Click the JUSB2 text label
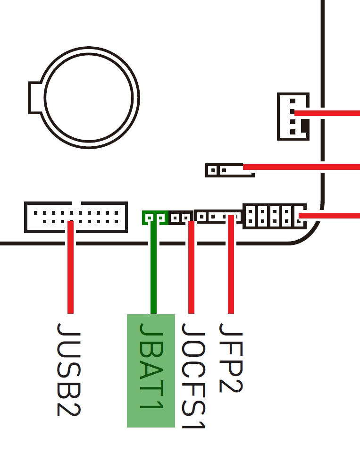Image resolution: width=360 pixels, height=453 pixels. [x=69, y=369]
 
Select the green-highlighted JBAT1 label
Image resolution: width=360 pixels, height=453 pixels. [x=151, y=371]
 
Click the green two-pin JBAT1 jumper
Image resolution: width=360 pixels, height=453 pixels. [x=155, y=218]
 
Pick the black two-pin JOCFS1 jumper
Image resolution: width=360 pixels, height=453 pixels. [x=181, y=218]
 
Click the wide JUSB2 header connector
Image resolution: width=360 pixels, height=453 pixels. [x=75, y=217]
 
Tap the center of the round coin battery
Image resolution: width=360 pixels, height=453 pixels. [x=89, y=98]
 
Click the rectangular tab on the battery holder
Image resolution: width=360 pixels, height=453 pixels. [x=35, y=98]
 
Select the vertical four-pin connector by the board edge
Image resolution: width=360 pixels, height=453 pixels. [x=293, y=117]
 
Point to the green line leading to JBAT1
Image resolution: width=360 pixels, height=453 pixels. [x=153, y=269]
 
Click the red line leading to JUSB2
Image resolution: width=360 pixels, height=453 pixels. [x=70, y=269]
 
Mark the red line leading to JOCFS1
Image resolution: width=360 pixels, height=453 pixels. [x=191, y=269]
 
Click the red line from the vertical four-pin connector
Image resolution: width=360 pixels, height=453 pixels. [x=330, y=113]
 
